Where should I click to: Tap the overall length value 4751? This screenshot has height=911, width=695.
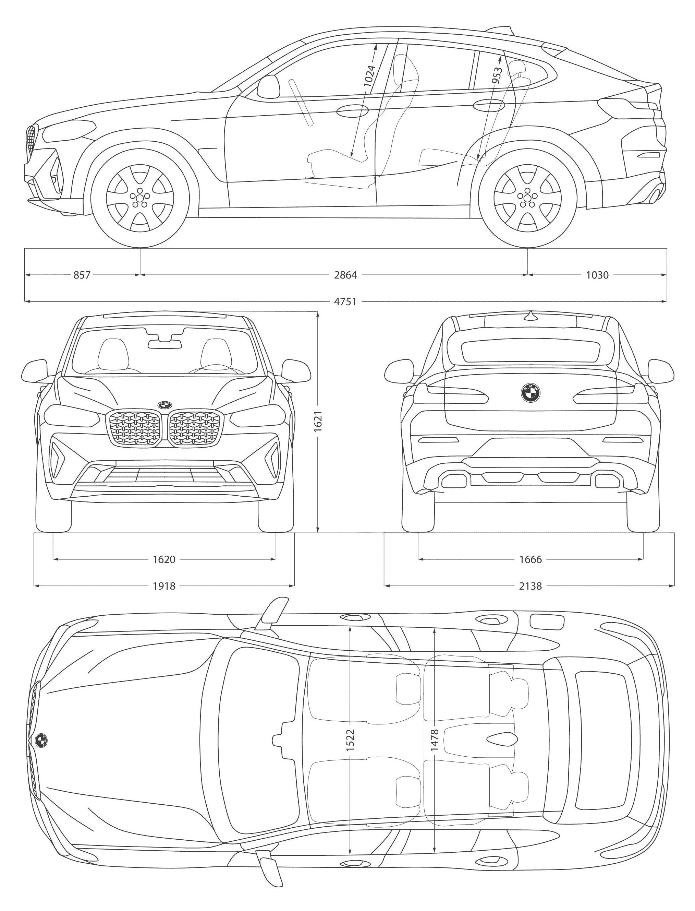coord(345,301)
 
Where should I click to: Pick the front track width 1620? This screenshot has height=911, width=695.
coord(164,559)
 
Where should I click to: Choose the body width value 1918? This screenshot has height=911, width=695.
coord(164,586)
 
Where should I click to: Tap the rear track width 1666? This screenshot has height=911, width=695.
coord(531,559)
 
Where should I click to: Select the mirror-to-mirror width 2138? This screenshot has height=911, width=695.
coord(531,586)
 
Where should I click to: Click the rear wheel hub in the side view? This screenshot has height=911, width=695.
coord(527,198)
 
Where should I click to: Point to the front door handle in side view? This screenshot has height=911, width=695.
coord(352,110)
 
